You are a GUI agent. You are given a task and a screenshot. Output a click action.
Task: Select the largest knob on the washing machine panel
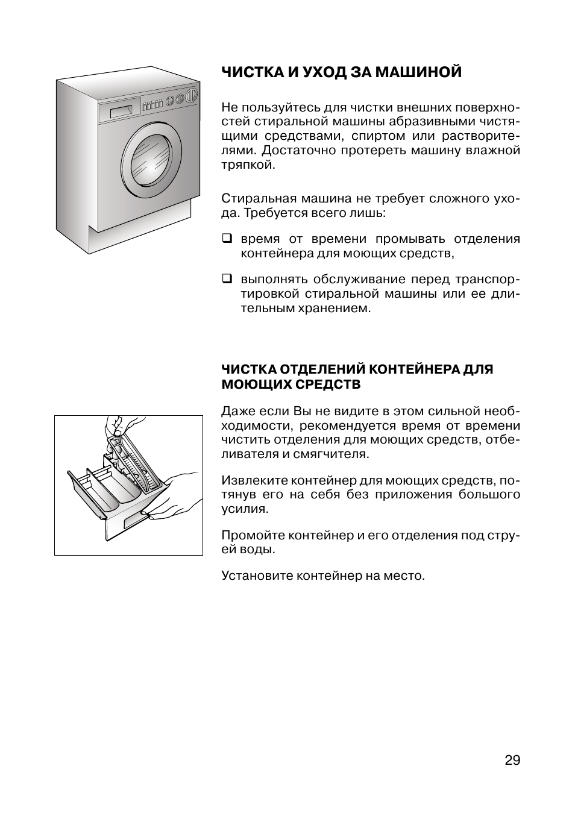[x=192, y=95]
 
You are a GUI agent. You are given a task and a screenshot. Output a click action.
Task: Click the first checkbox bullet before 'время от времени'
[x=227, y=238]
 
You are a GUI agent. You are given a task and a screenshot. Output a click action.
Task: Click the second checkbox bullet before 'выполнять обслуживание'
[x=227, y=279]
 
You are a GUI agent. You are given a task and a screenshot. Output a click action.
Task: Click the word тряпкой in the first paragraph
[x=248, y=165]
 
